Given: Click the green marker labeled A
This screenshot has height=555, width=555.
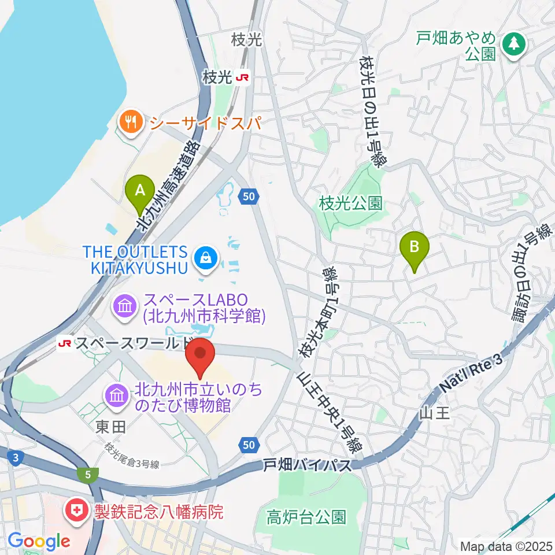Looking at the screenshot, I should [139, 190].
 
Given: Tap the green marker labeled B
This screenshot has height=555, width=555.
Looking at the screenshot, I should [415, 247].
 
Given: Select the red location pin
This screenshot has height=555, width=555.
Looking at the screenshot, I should [199, 353].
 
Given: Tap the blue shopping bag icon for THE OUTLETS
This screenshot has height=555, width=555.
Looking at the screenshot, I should [206, 258].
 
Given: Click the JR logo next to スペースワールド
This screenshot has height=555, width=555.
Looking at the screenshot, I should [65, 344].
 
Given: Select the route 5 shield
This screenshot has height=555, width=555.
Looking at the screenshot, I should [87, 474].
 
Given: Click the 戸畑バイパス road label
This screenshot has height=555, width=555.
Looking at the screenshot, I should [307, 464].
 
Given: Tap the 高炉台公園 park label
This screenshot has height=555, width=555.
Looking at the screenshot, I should [306, 516].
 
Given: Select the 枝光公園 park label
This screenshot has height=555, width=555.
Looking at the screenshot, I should [350, 203].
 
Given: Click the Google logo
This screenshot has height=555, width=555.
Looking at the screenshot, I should [39, 542].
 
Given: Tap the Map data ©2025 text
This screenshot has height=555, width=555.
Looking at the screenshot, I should [505, 545].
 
